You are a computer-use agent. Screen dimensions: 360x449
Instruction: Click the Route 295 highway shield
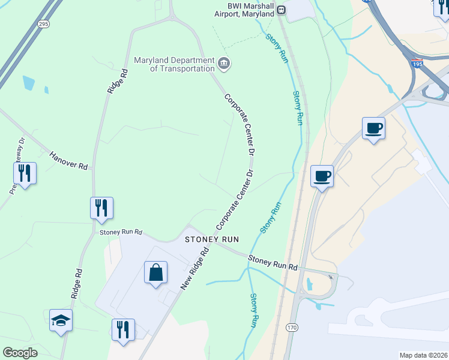(x=43, y=24)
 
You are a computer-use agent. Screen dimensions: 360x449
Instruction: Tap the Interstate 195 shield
(x=417, y=62)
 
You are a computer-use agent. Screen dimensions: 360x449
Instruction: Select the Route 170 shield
(x=291, y=327)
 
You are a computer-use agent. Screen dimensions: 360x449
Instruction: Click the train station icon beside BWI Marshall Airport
(x=281, y=10)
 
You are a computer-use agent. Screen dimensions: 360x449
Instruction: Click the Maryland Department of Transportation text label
(x=173, y=65)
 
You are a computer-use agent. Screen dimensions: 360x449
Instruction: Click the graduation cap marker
(x=61, y=320)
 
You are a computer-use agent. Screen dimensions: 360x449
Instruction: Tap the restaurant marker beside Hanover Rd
(x=25, y=173)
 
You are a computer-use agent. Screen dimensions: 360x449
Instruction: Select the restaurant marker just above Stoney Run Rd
(x=101, y=208)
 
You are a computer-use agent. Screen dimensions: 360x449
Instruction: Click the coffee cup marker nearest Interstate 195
(x=373, y=128)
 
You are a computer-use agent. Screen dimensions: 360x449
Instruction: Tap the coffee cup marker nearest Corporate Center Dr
(x=321, y=176)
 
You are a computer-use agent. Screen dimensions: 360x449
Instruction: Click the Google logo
(x=20, y=352)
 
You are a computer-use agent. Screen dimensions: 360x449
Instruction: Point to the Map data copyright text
(x=423, y=355)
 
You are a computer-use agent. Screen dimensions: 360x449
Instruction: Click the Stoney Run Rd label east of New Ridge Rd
(x=273, y=262)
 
